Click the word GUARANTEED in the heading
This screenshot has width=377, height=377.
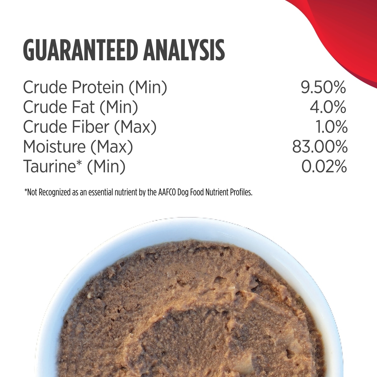[x=79, y=50]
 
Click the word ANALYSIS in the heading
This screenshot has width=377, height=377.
[x=184, y=50]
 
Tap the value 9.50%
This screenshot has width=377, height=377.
[x=323, y=87]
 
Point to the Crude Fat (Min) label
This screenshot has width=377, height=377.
[x=81, y=107]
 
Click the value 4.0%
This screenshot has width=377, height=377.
[x=328, y=107]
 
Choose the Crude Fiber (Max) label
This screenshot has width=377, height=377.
[x=90, y=127]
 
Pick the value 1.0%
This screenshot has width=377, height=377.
[x=332, y=127]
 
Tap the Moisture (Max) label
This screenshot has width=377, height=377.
[x=78, y=147]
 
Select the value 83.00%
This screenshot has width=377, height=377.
[x=320, y=147]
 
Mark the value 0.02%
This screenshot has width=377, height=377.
[x=324, y=167]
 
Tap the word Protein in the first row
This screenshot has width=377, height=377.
[x=98, y=87]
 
